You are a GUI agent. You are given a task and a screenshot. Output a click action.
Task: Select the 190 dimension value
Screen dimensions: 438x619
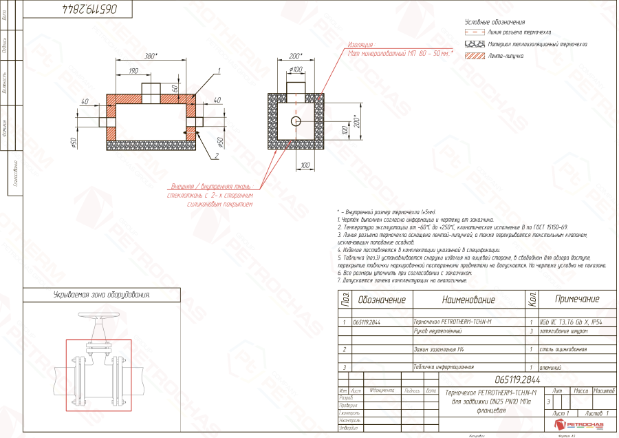133,70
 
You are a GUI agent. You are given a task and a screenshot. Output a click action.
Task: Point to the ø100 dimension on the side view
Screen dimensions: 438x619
296,70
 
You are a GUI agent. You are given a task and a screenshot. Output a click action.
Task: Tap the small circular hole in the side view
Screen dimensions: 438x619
296,121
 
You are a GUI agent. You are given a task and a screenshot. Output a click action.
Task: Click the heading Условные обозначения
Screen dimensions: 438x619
490,22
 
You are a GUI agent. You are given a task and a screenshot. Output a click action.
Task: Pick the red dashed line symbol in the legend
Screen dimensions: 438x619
475,32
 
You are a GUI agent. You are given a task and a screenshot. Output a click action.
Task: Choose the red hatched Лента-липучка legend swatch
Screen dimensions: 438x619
475,56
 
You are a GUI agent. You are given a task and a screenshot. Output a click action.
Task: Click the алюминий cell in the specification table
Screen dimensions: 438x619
552,367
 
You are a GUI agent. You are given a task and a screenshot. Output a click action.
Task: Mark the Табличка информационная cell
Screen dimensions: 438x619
444,367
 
